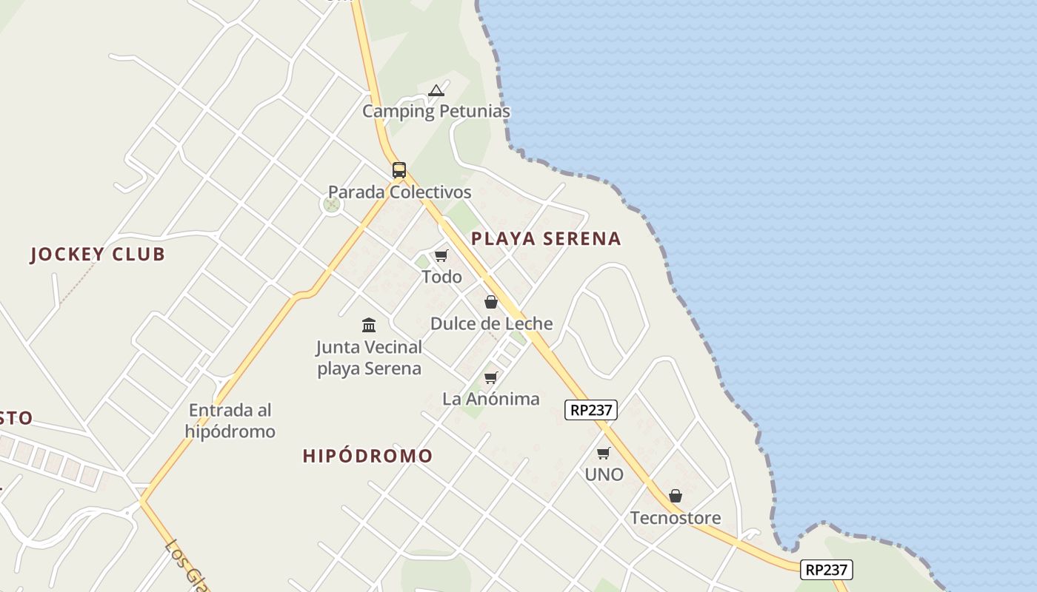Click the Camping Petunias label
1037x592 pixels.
click(436, 112)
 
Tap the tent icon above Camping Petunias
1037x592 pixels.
click(436, 91)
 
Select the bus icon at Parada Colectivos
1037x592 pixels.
click(399, 170)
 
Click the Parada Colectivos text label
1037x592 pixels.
click(399, 192)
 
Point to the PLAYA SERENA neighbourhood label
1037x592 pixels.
click(546, 239)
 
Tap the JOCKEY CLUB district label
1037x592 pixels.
click(98, 255)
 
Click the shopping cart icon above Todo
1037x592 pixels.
click(441, 256)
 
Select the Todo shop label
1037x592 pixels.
click(441, 277)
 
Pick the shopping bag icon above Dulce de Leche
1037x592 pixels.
click(490, 302)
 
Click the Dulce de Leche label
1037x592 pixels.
click(491, 323)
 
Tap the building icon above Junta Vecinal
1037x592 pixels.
click(369, 325)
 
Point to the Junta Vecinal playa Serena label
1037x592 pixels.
click(369, 357)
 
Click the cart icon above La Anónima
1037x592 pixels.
click(490, 378)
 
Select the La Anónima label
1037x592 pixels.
click(491, 399)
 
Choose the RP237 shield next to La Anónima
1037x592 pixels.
click(591, 410)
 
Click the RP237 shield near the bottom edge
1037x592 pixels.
click(827, 570)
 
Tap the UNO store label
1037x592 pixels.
click(604, 475)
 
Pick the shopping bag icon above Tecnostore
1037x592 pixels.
click(676, 496)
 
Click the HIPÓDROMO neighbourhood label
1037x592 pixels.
click(367, 456)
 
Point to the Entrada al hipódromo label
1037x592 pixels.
click(230, 420)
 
